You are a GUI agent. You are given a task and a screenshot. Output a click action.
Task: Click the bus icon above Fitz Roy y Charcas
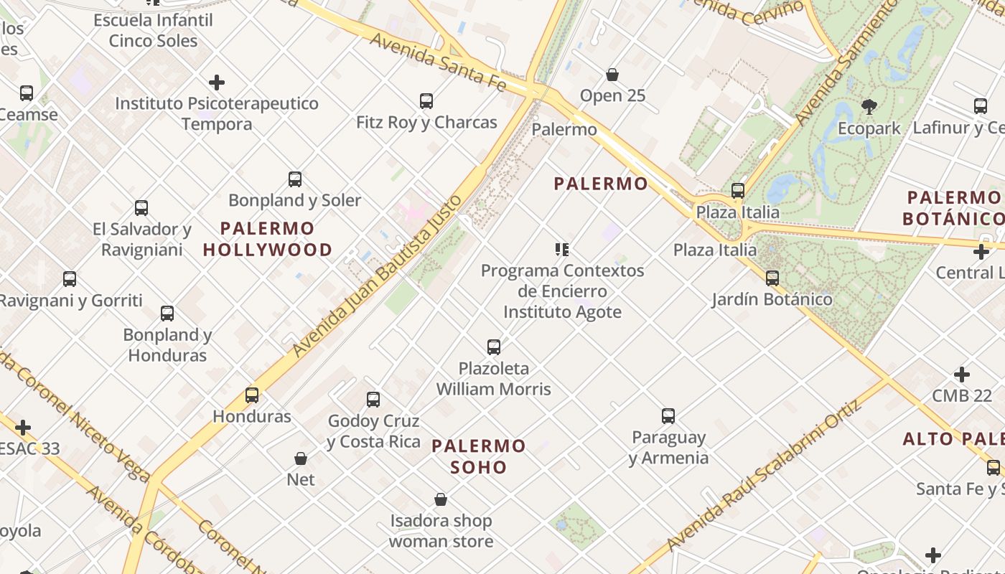click(426, 101)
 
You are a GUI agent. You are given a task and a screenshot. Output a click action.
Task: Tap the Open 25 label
click(612, 95)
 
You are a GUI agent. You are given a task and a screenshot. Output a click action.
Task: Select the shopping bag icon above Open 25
click(612, 75)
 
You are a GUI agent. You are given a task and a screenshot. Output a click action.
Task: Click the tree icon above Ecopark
click(869, 108)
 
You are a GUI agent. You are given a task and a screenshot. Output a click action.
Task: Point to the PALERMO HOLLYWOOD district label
click(267, 239)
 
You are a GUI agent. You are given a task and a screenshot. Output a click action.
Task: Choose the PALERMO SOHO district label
click(479, 456)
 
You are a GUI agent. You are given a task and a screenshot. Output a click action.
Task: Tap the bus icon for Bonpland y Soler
click(294, 179)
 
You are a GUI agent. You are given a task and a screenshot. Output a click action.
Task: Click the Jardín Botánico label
click(772, 299)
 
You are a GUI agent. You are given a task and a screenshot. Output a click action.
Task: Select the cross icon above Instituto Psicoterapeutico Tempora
click(217, 83)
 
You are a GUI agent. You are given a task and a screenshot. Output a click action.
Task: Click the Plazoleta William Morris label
click(494, 379)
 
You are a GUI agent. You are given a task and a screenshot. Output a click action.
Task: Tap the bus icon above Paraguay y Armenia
click(668, 416)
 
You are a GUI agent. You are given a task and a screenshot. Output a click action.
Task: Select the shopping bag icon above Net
click(301, 458)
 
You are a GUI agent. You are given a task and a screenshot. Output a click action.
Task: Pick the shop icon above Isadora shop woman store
click(441, 499)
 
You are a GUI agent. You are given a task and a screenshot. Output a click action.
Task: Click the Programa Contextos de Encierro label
click(562, 281)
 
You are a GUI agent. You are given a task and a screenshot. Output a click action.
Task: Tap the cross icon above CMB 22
click(962, 375)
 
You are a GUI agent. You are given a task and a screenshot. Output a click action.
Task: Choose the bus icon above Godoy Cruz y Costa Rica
click(373, 400)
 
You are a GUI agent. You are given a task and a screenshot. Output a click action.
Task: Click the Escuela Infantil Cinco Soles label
click(153, 30)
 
